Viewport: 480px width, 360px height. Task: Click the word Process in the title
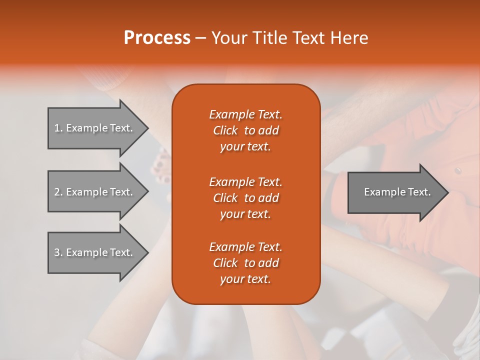coord(157,38)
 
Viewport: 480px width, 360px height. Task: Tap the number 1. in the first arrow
coord(58,128)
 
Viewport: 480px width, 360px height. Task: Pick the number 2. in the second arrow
coord(58,192)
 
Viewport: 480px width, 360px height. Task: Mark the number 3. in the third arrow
coord(58,252)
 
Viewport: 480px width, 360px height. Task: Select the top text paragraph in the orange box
coord(245,130)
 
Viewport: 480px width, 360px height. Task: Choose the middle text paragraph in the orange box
coord(245,198)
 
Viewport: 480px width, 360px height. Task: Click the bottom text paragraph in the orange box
coord(245,263)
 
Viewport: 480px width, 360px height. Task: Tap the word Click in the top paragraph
coord(225,130)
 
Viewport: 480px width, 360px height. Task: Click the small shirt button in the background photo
coord(457,171)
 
